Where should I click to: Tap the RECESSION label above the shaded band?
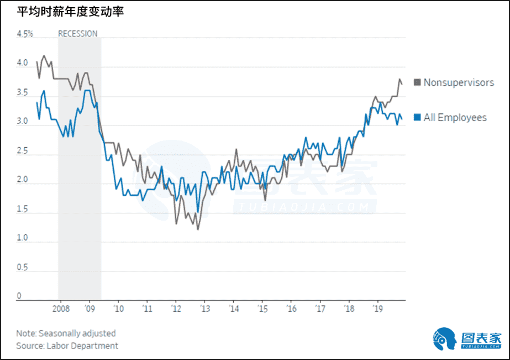tap(78, 34)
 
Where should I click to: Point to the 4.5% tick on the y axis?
tap(25, 34)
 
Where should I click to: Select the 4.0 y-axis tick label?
tap(22, 63)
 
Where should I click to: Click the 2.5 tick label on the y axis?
tap(22, 150)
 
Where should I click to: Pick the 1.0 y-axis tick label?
tap(22, 238)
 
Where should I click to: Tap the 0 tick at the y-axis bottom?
tap(19, 296)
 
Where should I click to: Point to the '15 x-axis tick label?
tap(261, 308)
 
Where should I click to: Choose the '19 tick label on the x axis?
tap(377, 308)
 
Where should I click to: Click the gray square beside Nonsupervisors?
tap(417, 83)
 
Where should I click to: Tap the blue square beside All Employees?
tap(417, 117)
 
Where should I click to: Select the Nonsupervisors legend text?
tap(459, 83)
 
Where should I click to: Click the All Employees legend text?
tap(455, 117)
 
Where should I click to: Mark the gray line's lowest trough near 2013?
tap(198, 229)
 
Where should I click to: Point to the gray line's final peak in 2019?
tap(399, 80)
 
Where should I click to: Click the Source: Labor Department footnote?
tap(67, 346)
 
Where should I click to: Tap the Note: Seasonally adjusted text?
tap(66, 333)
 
